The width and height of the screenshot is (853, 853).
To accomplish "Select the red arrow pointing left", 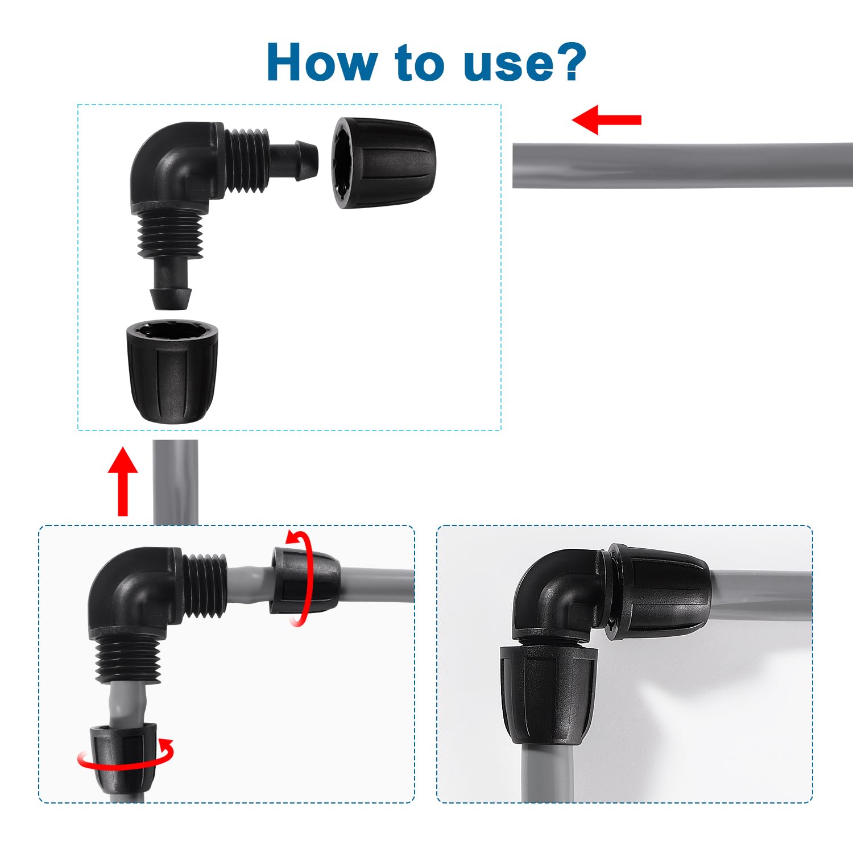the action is click(x=606, y=119).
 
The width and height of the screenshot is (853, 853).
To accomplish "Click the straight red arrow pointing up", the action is click(x=123, y=482).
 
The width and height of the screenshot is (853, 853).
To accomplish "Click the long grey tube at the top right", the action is click(x=682, y=165).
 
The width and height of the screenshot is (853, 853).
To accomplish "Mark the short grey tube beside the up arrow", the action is click(x=175, y=482).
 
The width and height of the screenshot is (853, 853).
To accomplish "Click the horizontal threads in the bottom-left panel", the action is click(x=205, y=586).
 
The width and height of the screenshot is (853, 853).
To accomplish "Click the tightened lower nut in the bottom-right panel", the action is click(x=548, y=695).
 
